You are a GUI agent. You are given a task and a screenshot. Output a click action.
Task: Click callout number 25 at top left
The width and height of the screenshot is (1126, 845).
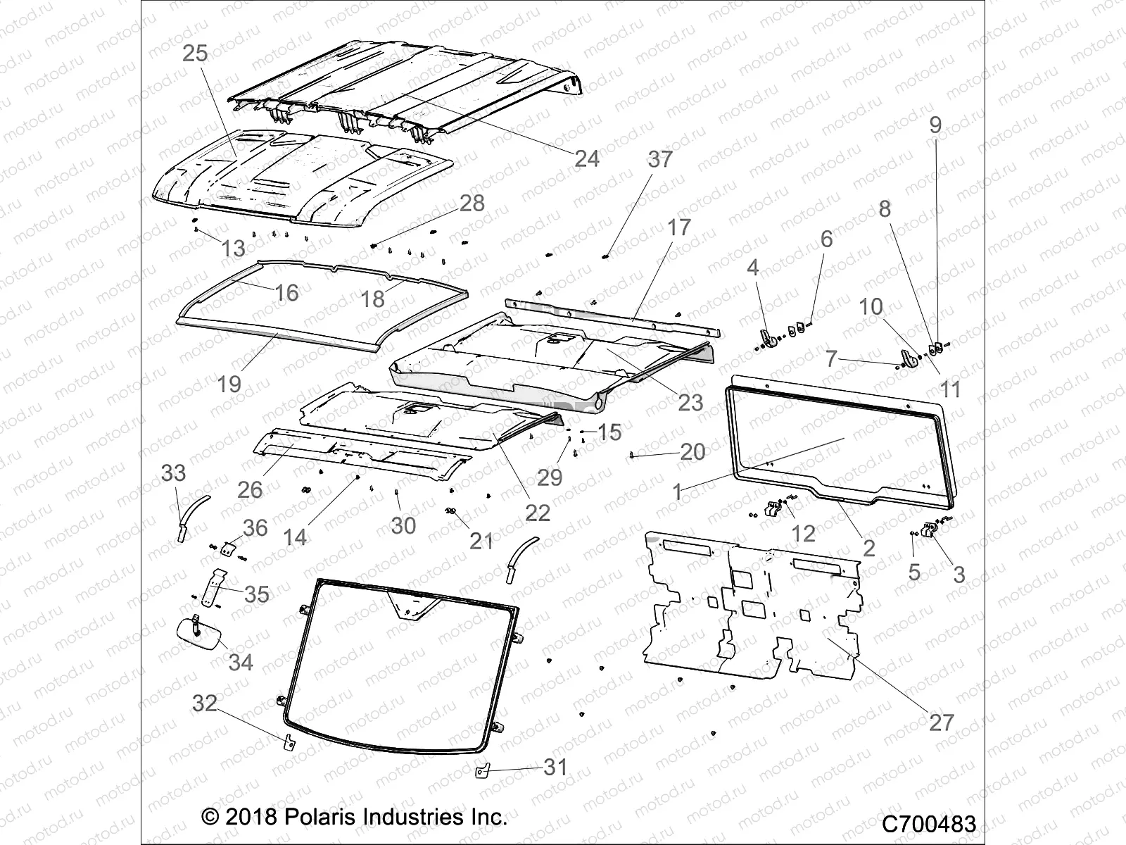click(x=195, y=54)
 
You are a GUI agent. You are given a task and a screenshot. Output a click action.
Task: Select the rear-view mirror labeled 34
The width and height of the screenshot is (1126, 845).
click(x=199, y=634)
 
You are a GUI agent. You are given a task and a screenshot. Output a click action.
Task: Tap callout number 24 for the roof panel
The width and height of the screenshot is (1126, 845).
click(x=586, y=158)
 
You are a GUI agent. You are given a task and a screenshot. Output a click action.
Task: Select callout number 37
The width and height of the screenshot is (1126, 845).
click(x=660, y=159)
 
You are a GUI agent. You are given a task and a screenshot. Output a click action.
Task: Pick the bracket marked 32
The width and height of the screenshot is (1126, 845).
click(x=289, y=741)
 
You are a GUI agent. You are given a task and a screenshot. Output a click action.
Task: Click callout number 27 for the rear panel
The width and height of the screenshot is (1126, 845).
click(x=941, y=722)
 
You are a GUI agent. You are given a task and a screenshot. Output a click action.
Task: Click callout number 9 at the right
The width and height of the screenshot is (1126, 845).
click(x=935, y=125)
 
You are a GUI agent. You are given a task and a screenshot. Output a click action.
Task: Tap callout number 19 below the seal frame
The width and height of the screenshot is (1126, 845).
click(x=229, y=384)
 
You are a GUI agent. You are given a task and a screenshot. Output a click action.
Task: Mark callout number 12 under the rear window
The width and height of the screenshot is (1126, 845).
click(x=803, y=533)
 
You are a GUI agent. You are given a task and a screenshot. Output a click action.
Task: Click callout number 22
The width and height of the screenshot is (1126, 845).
click(x=538, y=512)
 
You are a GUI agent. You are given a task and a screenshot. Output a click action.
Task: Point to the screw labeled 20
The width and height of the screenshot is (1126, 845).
click(x=634, y=455)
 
